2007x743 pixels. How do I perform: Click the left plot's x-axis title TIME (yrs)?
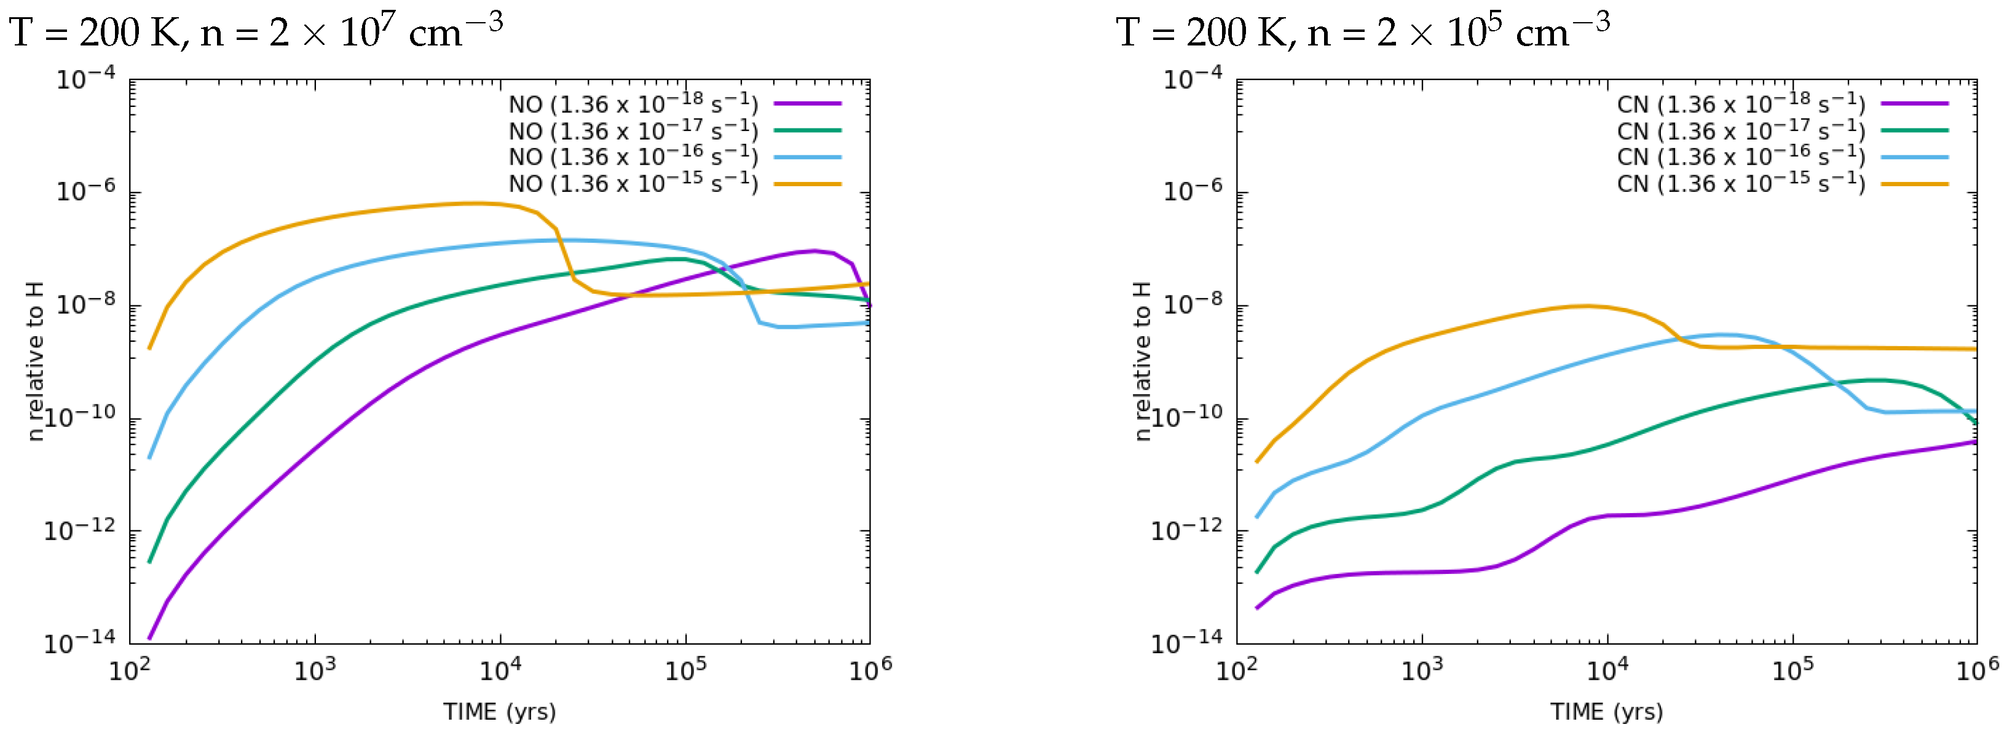[x=499, y=712]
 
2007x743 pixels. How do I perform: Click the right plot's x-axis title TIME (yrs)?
[x=1607, y=712]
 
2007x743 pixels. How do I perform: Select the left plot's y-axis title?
[x=34, y=361]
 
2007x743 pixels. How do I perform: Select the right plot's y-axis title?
[x=1142, y=361]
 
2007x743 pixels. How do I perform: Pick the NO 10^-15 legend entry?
[x=633, y=184]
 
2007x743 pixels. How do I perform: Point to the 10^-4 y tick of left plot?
[x=85, y=79]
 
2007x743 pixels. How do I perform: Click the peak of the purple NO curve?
[x=814, y=251]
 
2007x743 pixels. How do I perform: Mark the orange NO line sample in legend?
[x=807, y=184]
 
